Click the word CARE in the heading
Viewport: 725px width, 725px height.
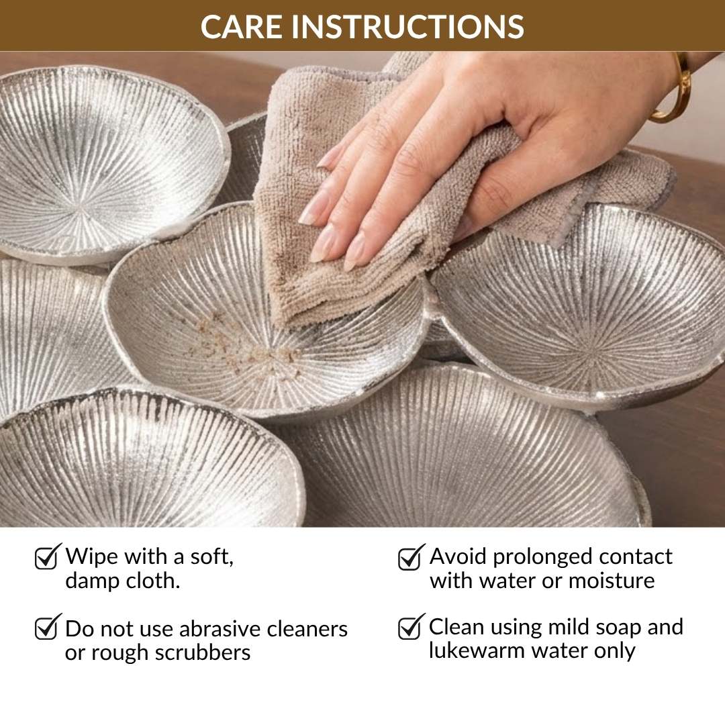click(x=241, y=26)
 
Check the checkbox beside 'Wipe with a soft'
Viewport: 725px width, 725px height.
click(x=46, y=557)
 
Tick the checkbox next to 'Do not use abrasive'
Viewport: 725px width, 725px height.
click(x=46, y=627)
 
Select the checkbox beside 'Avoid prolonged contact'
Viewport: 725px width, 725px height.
click(x=410, y=557)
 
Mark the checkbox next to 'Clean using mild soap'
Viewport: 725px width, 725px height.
click(x=410, y=627)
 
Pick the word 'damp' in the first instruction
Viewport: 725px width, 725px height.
click(x=91, y=581)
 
